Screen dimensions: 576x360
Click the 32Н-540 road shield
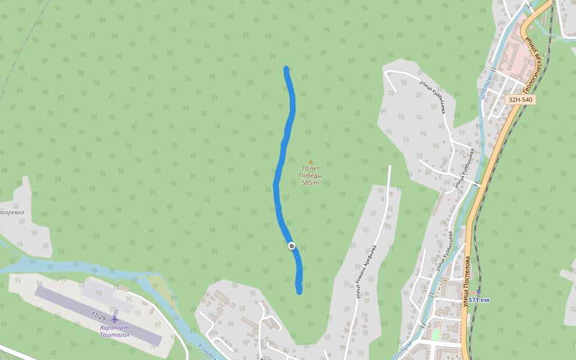pyautogui.click(x=520, y=100)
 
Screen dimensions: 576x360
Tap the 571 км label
pyautogui.click(x=479, y=300)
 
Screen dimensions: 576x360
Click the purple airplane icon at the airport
pyautogui.click(x=115, y=319)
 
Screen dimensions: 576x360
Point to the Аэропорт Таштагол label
pyautogui.click(x=115, y=331)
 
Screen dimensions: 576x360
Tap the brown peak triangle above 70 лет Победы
pyautogui.click(x=310, y=162)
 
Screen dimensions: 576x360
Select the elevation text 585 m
pyautogui.click(x=310, y=182)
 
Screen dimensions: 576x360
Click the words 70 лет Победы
pyautogui.click(x=310, y=172)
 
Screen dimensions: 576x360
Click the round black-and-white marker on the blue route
pyautogui.click(x=292, y=245)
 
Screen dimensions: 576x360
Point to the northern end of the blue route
pyautogui.click(x=286, y=69)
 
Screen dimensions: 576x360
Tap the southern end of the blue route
pyautogui.click(x=299, y=291)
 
